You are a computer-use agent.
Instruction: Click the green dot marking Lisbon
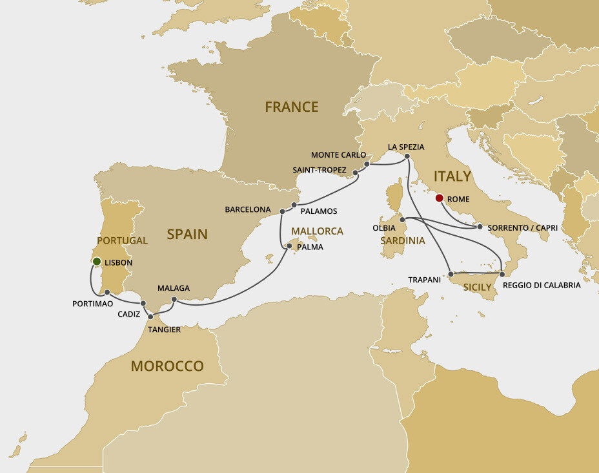96,262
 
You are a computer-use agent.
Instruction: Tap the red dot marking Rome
440,198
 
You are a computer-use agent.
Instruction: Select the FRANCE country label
291,107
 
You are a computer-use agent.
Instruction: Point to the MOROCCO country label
167,366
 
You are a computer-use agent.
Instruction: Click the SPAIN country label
187,234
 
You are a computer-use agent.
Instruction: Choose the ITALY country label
452,176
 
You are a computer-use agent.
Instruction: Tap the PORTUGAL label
122,240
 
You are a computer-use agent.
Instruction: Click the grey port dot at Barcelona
282,211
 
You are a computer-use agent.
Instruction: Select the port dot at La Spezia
407,156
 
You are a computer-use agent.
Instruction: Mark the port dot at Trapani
451,275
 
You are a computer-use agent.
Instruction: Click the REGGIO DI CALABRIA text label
541,285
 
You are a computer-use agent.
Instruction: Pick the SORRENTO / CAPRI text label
522,228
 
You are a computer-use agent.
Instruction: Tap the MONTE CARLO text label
338,155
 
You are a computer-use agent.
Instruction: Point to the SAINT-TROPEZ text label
320,169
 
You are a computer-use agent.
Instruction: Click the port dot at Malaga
174,299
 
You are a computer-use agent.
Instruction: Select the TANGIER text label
164,330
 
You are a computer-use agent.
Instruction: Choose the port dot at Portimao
107,293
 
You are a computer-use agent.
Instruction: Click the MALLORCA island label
317,231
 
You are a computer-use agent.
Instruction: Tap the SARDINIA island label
402,240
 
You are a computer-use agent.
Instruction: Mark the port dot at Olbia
402,220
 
